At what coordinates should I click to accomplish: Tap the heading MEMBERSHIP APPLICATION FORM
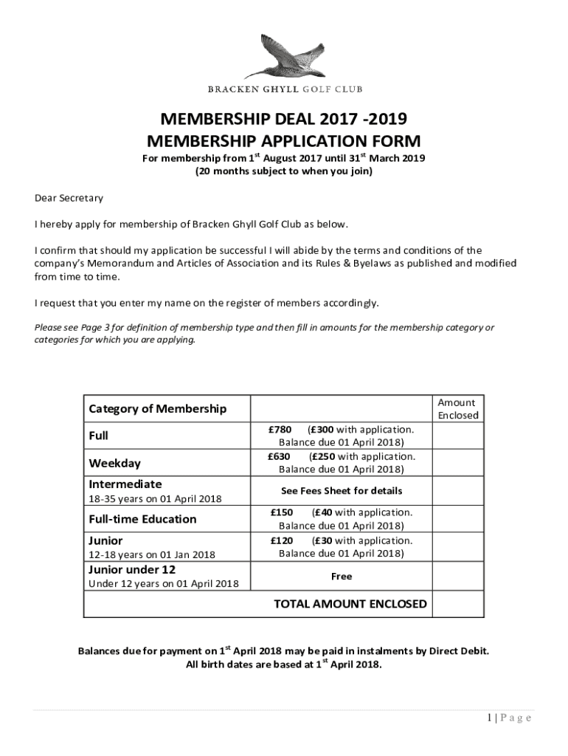284,140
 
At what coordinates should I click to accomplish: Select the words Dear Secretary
69,198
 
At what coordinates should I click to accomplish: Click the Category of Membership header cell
158,408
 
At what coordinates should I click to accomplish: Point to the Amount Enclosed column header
457,408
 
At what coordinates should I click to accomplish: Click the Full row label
99,436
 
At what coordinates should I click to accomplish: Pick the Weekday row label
114,464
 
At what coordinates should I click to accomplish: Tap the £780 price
280,429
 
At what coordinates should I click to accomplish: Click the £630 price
280,456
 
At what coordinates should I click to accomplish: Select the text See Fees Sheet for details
342,491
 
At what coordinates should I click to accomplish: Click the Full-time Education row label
142,519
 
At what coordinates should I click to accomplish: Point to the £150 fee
282,512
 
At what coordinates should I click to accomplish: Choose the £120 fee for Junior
282,540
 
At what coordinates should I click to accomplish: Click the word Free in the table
342,576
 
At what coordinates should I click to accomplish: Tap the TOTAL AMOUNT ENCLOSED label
350,604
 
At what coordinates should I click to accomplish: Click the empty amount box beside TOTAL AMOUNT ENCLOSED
458,604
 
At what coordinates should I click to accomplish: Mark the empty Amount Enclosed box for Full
458,436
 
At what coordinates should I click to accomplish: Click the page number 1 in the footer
487,718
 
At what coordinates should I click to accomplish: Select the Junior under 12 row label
132,569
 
